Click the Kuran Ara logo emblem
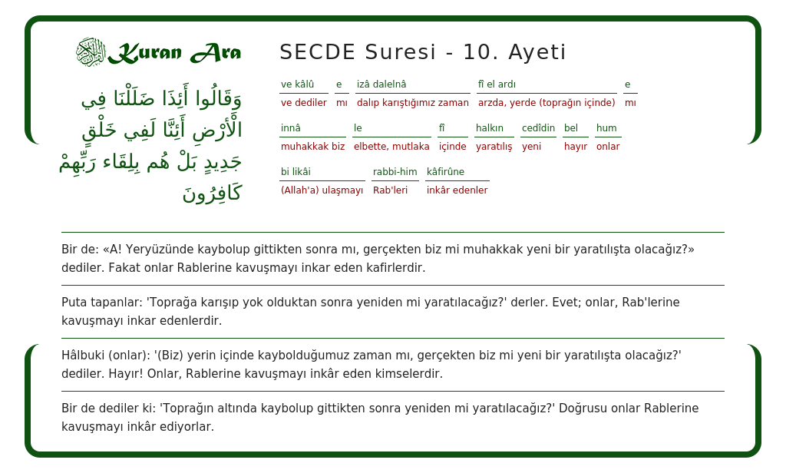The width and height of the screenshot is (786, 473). (91, 52)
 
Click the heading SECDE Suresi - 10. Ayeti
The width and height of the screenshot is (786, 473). (422, 52)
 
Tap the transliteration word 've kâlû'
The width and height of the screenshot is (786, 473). (297, 84)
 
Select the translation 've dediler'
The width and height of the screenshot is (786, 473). (303, 103)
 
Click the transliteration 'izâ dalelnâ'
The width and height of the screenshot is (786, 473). (381, 84)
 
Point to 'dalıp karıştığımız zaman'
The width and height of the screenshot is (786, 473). (412, 103)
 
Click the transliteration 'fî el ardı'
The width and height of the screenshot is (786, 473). (497, 84)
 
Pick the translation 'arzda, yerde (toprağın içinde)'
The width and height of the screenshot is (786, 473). (547, 103)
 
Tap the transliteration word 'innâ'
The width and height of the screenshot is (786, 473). (291, 128)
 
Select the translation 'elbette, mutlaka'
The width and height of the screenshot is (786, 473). (391, 147)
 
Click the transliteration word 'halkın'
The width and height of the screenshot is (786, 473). (490, 128)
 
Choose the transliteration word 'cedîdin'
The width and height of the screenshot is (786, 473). (538, 128)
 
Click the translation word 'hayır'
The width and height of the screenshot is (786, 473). (576, 147)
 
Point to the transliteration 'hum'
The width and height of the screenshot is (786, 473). (606, 128)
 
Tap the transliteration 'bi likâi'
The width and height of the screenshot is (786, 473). (296, 172)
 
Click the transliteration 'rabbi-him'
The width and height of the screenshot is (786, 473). (395, 172)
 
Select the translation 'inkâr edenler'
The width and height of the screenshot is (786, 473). (457, 190)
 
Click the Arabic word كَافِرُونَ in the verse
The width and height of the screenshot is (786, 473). (212, 193)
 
